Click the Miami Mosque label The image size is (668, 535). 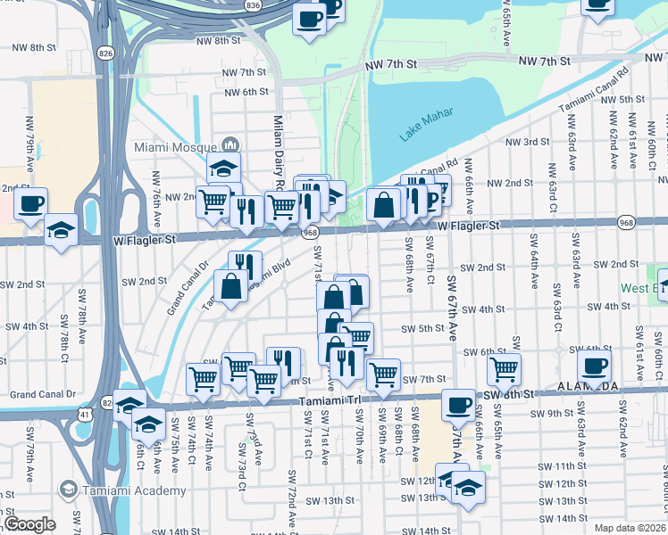click(175, 147)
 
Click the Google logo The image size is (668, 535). click(29, 524)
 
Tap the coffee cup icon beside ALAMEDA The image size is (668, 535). click(595, 365)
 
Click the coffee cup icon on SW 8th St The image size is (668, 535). click(459, 405)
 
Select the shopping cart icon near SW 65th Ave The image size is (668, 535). click(504, 367)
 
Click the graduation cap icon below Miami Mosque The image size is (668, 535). click(224, 168)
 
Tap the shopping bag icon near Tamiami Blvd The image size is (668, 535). click(230, 287)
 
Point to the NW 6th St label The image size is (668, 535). click(247, 92)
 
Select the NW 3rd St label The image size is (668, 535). click(523, 142)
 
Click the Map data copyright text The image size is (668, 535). click(629, 528)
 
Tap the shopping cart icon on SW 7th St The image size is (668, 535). click(383, 374)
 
